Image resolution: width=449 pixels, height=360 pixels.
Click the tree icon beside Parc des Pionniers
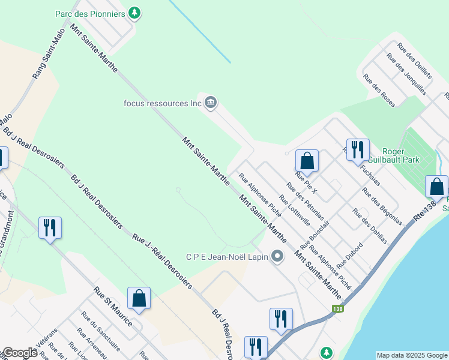pyautogui.click(x=136, y=13)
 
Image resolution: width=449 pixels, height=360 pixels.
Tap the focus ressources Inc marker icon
pyautogui.click(x=211, y=103)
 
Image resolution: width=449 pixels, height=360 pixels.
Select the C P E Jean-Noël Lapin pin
pyautogui.click(x=277, y=257)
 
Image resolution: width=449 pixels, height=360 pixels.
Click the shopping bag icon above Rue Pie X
pyautogui.click(x=307, y=161)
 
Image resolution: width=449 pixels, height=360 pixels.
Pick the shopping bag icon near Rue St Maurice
pyautogui.click(x=139, y=298)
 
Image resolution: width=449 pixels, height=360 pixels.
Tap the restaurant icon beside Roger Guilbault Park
pyautogui.click(x=358, y=149)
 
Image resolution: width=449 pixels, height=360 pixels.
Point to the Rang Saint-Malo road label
pyautogui.click(x=49, y=55)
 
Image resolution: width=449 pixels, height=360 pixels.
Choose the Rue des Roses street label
pyautogui.click(x=379, y=91)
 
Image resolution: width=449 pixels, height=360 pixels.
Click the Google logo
pyautogui.click(x=19, y=353)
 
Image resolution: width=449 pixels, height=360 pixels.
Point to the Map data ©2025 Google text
pyautogui.click(x=412, y=355)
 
